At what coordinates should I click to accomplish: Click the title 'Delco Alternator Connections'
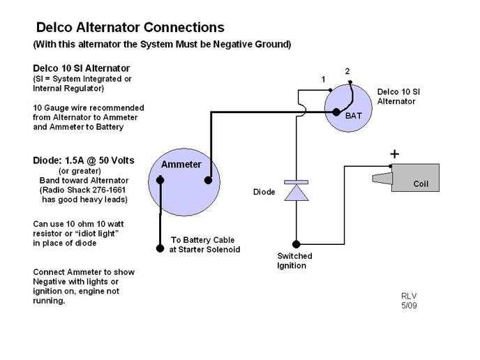[130, 28]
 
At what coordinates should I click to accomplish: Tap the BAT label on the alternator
[354, 116]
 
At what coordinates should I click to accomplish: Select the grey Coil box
[415, 177]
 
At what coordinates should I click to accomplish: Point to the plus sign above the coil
[394, 153]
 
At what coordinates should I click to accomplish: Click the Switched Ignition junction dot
[297, 244]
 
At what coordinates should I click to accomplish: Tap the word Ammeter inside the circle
[181, 165]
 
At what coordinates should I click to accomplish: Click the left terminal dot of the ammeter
[160, 180]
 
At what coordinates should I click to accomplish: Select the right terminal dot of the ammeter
[208, 180]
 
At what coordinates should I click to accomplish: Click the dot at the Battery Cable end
[160, 248]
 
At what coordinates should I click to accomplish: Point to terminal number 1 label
[323, 80]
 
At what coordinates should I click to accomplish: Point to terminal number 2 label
[347, 71]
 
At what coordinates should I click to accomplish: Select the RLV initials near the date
[409, 295]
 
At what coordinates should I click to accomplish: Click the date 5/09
[409, 305]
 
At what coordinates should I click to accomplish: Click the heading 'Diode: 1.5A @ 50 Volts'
[84, 160]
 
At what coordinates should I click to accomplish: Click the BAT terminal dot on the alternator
[336, 112]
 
